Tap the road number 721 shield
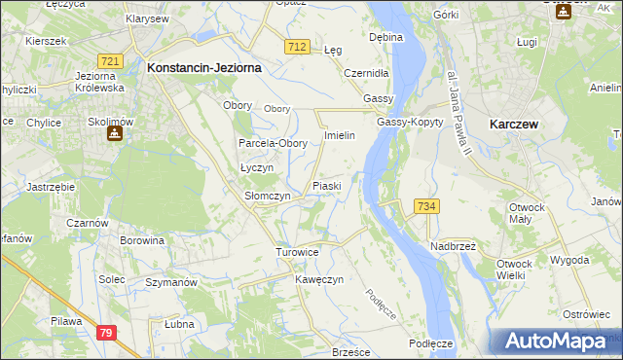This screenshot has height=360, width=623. pos(110,61)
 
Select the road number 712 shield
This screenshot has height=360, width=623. pos(298,47)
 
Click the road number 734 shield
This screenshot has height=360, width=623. pos(425,206)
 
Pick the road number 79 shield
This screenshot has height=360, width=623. pos(106,333)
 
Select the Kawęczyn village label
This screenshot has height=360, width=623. pos(319,280)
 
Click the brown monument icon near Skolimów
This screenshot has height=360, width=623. pos(114,133)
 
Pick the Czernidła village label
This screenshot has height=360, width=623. pos(367,73)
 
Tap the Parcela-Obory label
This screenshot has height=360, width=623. pos(274,143)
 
